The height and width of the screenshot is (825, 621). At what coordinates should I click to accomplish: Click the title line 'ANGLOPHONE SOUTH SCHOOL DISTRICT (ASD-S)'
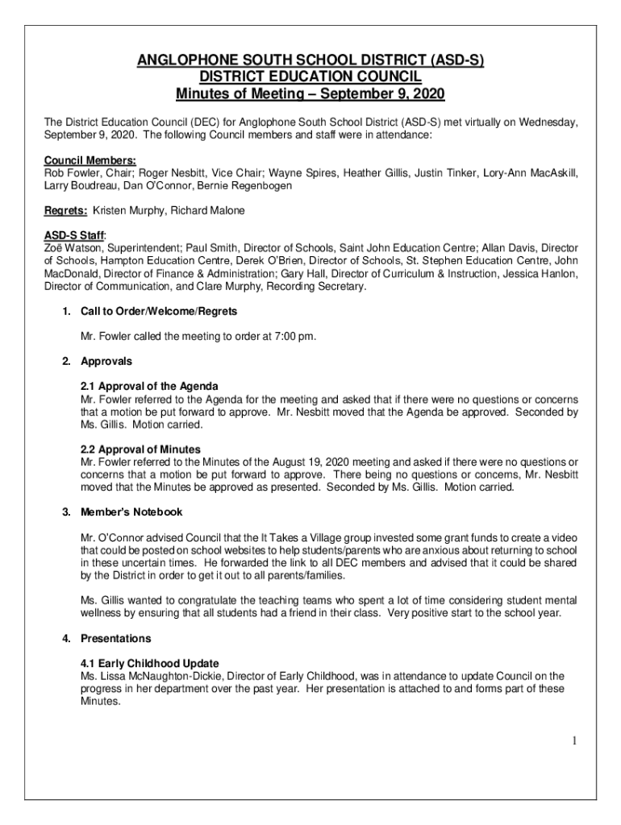tap(310, 60)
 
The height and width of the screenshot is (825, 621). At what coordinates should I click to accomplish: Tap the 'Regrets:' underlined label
tap(65, 210)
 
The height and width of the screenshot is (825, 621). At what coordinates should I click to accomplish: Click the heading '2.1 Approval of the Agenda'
tap(149, 387)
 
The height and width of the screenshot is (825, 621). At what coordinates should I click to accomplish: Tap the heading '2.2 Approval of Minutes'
tap(140, 449)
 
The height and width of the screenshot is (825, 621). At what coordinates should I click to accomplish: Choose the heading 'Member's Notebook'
tap(131, 512)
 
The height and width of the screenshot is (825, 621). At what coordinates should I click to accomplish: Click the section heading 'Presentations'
tap(115, 639)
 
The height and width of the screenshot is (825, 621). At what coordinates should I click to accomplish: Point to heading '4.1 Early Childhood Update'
tap(150, 663)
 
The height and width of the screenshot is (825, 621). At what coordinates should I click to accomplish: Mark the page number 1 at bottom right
tap(573, 740)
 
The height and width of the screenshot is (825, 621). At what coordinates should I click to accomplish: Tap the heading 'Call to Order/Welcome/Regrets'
tap(158, 311)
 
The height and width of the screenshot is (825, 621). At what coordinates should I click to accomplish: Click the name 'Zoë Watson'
tap(73, 248)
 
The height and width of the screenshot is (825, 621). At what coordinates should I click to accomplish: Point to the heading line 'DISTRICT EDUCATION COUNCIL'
tap(310, 77)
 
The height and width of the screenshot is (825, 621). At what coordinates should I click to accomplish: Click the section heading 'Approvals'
tap(106, 361)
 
